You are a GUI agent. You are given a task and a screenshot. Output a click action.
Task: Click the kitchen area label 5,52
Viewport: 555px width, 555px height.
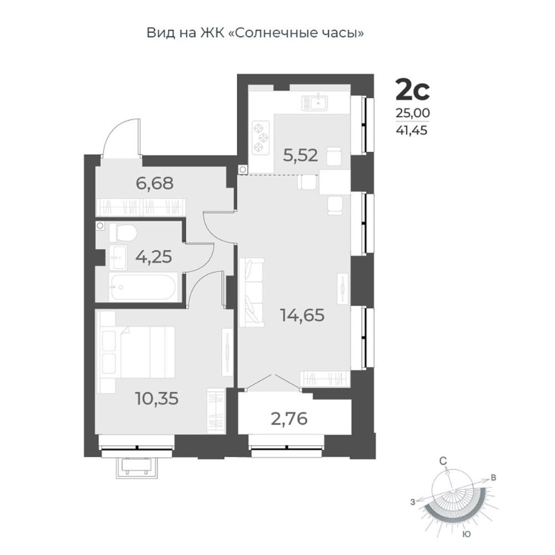(300, 155)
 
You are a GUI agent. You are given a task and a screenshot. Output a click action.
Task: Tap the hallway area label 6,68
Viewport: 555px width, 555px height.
(155, 183)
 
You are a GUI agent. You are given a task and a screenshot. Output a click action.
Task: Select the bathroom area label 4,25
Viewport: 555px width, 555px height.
(154, 256)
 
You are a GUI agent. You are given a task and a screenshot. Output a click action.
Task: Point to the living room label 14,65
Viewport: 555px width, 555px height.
(302, 315)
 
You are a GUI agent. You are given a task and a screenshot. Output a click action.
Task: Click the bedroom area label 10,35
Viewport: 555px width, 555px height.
(157, 398)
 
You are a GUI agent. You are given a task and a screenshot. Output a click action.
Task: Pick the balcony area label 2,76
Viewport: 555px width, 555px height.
(289, 419)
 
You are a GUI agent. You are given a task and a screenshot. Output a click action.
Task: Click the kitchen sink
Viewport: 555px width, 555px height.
(315, 103)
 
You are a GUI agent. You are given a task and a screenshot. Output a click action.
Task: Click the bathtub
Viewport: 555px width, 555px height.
(142, 287)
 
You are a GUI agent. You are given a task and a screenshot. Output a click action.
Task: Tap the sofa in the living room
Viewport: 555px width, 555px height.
(251, 292)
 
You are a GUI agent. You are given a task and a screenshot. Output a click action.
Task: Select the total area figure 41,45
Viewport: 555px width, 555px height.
(412, 130)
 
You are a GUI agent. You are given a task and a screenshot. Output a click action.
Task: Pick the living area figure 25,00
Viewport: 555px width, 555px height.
(413, 113)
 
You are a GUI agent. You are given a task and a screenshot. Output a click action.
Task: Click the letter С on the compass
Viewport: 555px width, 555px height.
(443, 461)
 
